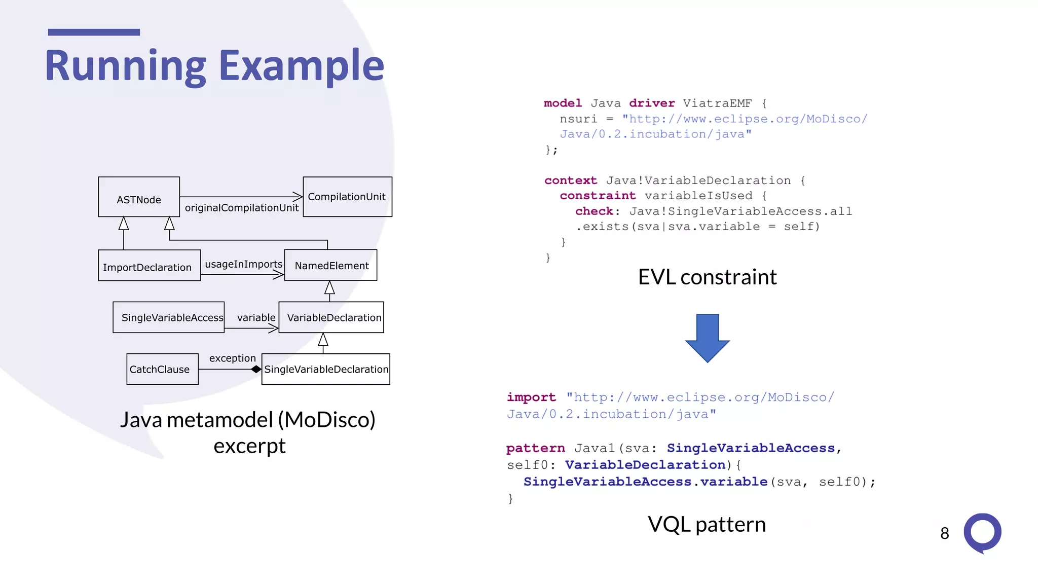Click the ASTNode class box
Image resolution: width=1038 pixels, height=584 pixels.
coord(138,197)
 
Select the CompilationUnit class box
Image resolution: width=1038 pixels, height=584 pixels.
coord(347,197)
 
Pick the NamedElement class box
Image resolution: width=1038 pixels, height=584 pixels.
coord(331,265)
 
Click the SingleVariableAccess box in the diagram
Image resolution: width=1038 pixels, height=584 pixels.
coord(168,317)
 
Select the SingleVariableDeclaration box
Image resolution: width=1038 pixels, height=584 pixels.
coord(326,369)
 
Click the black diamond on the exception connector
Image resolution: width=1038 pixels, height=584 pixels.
coord(256,369)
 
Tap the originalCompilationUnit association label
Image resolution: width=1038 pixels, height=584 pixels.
coord(242,208)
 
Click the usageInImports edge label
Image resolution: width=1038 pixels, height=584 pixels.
coord(243,264)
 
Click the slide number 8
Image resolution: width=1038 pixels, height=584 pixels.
coord(944,533)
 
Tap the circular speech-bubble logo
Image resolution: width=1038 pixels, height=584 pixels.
coord(982,533)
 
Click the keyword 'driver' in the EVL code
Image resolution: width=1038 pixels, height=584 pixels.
coord(652,103)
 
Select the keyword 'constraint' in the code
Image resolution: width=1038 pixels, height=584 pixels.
coord(598,196)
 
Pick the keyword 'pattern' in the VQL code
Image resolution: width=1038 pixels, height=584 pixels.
coord(535,448)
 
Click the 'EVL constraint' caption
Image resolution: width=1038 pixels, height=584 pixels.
coord(707,277)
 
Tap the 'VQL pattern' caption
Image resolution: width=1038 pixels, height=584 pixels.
coord(707,524)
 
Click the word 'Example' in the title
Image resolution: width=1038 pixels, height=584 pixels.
coord(302,66)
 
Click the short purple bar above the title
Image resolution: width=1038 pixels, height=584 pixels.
coord(94,32)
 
